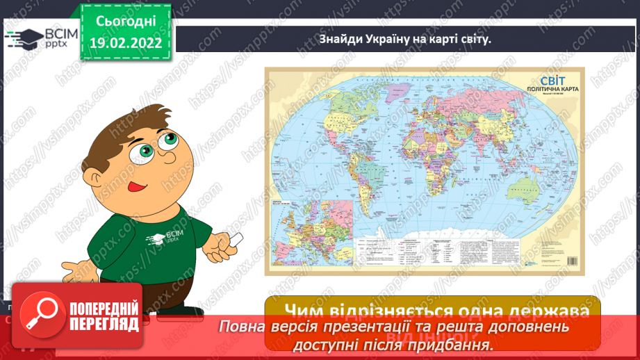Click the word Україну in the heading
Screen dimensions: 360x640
point(385,39)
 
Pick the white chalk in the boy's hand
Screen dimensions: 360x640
point(236,240)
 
